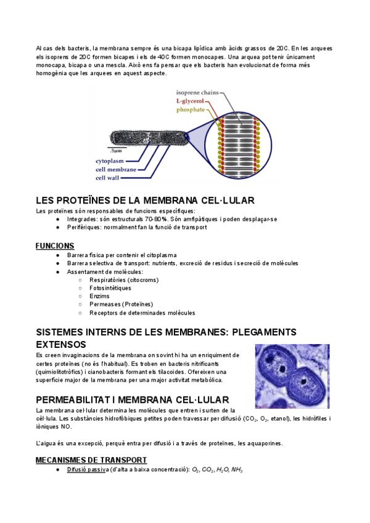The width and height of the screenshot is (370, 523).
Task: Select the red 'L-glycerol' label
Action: click(191, 101)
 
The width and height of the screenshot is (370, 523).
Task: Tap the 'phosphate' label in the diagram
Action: click(191, 110)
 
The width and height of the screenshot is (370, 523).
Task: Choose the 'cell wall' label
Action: click(108, 178)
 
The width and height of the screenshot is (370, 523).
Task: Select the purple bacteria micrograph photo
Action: click(293, 376)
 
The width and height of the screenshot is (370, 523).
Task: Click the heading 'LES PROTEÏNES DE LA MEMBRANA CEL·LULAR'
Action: click(146, 201)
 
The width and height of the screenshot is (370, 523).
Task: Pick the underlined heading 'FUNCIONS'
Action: click(55, 245)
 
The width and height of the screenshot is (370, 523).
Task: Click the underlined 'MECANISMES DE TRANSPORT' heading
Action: click(91, 459)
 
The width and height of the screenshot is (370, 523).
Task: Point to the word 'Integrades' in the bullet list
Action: click(81, 219)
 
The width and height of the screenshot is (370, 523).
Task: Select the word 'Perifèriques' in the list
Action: click(84, 227)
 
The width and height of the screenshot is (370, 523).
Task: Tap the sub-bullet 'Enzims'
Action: click(99, 297)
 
